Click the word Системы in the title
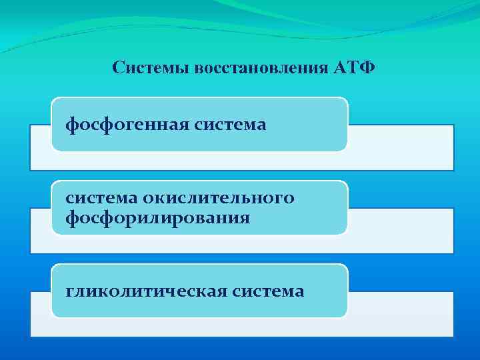coord(151,68)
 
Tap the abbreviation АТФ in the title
coord(353,68)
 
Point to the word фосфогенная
coord(127,125)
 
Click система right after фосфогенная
coord(230,125)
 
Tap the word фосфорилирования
coord(157,217)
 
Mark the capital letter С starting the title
coord(118,68)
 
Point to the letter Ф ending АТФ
coord(367,68)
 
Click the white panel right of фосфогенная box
coord(400,147)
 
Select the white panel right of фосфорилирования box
coord(400,230)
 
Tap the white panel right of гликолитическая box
coord(400,313)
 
